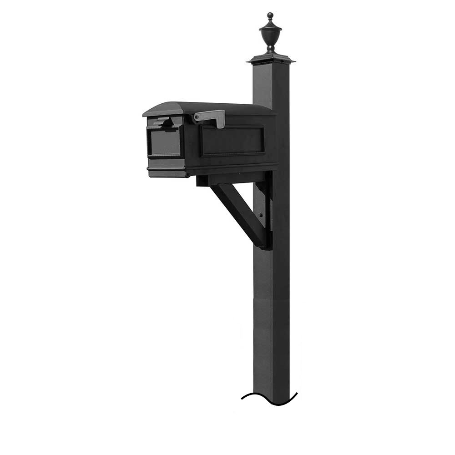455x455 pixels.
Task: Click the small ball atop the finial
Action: [x=270, y=15]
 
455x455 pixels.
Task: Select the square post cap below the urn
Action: [x=271, y=59]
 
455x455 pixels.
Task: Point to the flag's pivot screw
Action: [x=197, y=118]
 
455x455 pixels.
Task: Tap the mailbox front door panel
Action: [x=164, y=142]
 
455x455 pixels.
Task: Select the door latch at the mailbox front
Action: [x=162, y=121]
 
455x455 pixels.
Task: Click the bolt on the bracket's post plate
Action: [x=261, y=215]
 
